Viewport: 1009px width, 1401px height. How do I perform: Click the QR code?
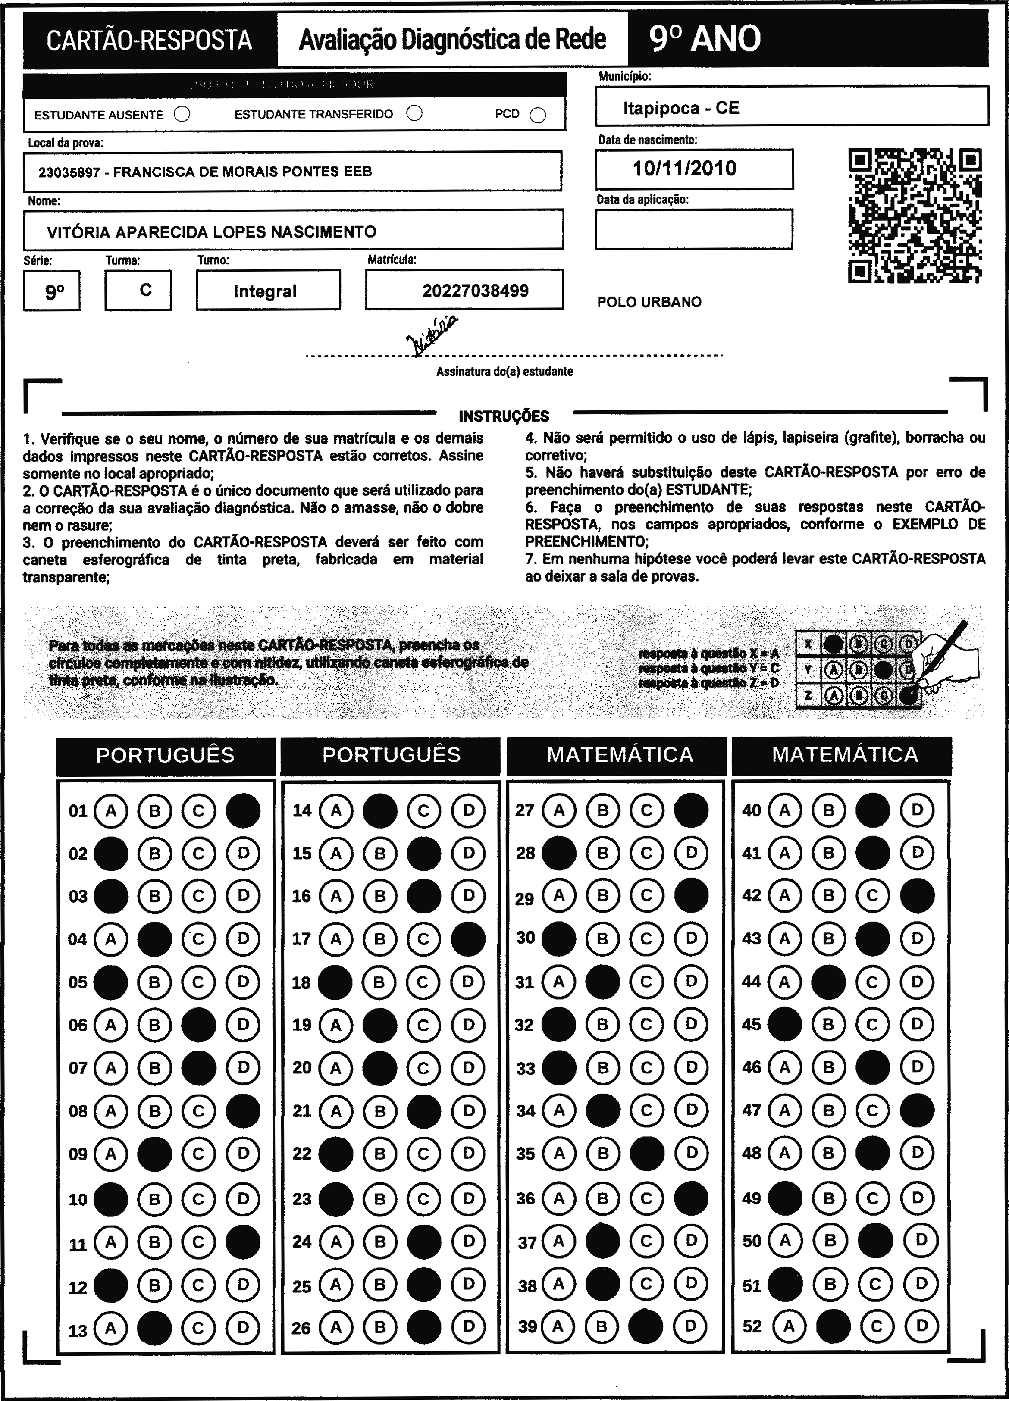pos(915,216)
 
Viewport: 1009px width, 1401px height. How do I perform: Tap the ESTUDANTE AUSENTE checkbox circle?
pos(182,114)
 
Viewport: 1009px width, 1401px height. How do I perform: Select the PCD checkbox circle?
pos(538,116)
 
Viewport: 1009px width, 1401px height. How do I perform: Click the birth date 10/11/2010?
pos(685,169)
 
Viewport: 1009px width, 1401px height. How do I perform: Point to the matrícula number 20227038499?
pos(475,291)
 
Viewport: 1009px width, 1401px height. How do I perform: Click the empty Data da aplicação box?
pos(694,229)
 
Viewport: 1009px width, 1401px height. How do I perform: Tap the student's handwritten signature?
pos(432,337)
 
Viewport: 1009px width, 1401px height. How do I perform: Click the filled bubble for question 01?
pos(243,810)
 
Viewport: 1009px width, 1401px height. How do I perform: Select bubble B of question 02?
pos(154,854)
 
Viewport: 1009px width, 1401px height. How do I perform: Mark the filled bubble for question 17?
pos(468,940)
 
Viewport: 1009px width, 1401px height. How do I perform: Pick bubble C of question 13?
pos(198,1327)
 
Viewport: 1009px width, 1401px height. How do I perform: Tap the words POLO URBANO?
pos(649,302)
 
